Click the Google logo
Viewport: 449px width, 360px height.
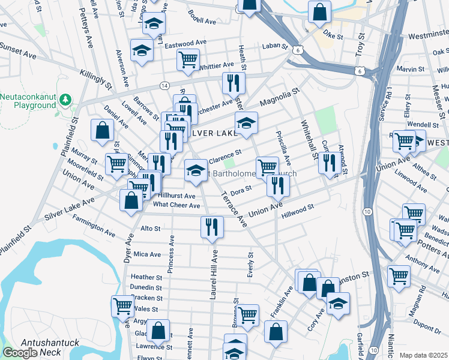point(20,353)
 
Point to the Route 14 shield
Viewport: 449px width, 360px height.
point(164,86)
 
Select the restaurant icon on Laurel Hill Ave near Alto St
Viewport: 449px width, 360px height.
point(211,227)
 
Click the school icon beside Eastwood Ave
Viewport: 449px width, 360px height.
point(142,50)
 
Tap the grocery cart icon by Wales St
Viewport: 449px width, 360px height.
point(122,305)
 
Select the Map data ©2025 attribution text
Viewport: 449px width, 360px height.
point(423,355)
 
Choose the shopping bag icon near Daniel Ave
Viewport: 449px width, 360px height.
point(103,130)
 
